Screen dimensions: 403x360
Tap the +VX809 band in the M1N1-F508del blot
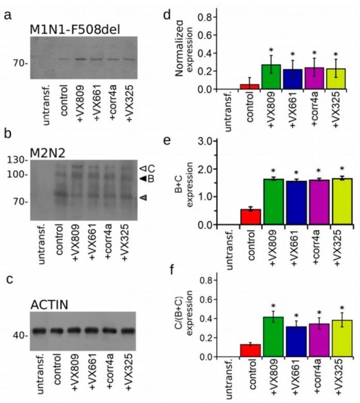coord(79,59)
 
